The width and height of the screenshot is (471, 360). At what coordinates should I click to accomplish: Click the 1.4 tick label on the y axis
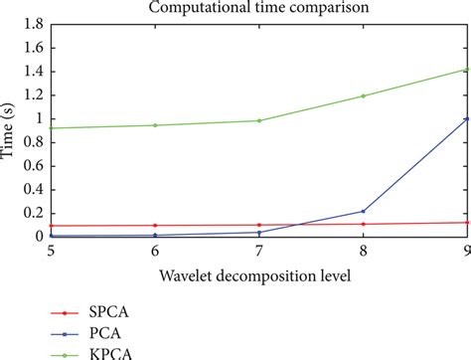33,71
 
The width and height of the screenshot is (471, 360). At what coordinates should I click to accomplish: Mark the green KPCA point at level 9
466,69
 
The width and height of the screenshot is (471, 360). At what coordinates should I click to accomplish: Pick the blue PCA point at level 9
466,118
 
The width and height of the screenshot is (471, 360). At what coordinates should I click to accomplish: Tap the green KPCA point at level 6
154,125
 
